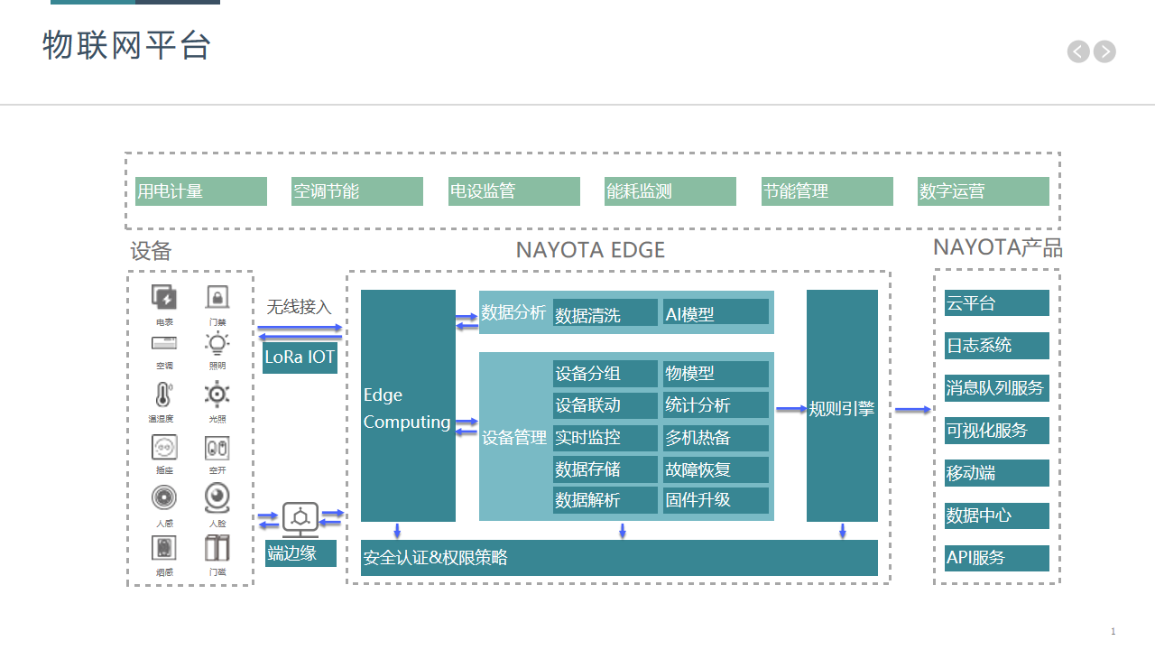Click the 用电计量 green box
point(200,191)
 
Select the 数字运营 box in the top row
point(983,191)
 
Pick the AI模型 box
point(716,312)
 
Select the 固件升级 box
point(716,500)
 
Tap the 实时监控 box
point(605,438)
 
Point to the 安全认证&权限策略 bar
point(619,558)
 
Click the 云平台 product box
point(997,303)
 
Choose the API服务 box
point(997,558)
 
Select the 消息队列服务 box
point(997,388)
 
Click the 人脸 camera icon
point(217,497)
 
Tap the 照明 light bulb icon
point(217,344)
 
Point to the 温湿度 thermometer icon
point(163,395)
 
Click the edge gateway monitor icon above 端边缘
point(300,518)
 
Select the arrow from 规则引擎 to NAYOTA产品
point(912,410)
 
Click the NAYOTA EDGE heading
point(590,250)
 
